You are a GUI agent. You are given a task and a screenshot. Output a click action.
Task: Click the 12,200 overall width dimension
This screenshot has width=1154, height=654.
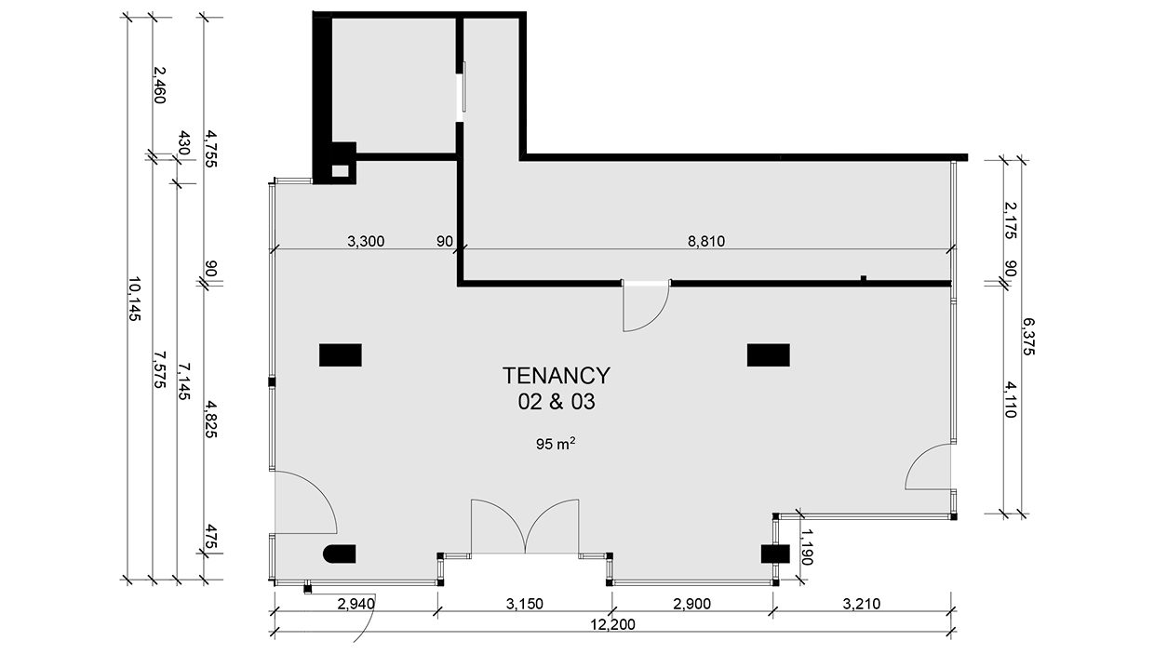click(612, 624)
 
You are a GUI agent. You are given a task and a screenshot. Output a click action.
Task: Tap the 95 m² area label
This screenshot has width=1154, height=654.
click(556, 444)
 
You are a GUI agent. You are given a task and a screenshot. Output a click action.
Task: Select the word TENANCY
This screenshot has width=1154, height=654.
click(557, 376)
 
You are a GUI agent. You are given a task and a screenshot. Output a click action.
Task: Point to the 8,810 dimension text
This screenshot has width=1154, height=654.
click(706, 241)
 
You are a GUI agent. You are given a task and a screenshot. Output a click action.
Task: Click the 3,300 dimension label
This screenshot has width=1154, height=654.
click(366, 241)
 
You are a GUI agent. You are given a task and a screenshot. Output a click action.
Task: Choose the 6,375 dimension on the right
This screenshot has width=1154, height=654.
click(1028, 337)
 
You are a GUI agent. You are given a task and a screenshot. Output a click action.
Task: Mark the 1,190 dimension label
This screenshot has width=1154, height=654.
click(807, 547)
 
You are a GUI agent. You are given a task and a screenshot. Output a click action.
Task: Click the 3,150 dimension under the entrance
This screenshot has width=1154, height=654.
click(525, 604)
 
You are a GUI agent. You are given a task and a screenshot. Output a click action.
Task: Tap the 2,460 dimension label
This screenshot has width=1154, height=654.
click(160, 85)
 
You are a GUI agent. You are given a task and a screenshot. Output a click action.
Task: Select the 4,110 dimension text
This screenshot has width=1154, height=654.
click(1011, 400)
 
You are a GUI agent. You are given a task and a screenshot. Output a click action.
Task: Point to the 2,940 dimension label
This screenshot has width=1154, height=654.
click(356, 604)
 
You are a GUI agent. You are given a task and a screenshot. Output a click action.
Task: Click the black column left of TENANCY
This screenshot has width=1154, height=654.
click(340, 354)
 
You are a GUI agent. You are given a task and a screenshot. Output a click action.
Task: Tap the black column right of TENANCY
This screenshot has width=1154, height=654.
click(768, 354)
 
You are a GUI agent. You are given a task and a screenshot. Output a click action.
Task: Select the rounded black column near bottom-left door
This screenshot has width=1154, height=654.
click(340, 554)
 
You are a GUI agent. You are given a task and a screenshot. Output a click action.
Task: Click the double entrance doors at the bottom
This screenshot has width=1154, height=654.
click(525, 527)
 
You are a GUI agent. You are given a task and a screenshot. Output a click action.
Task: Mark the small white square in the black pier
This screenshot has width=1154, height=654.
click(340, 171)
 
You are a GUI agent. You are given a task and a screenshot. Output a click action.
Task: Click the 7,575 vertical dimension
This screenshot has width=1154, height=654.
click(160, 369)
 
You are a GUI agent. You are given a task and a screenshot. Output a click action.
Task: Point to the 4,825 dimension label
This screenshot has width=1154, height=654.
click(210, 419)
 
